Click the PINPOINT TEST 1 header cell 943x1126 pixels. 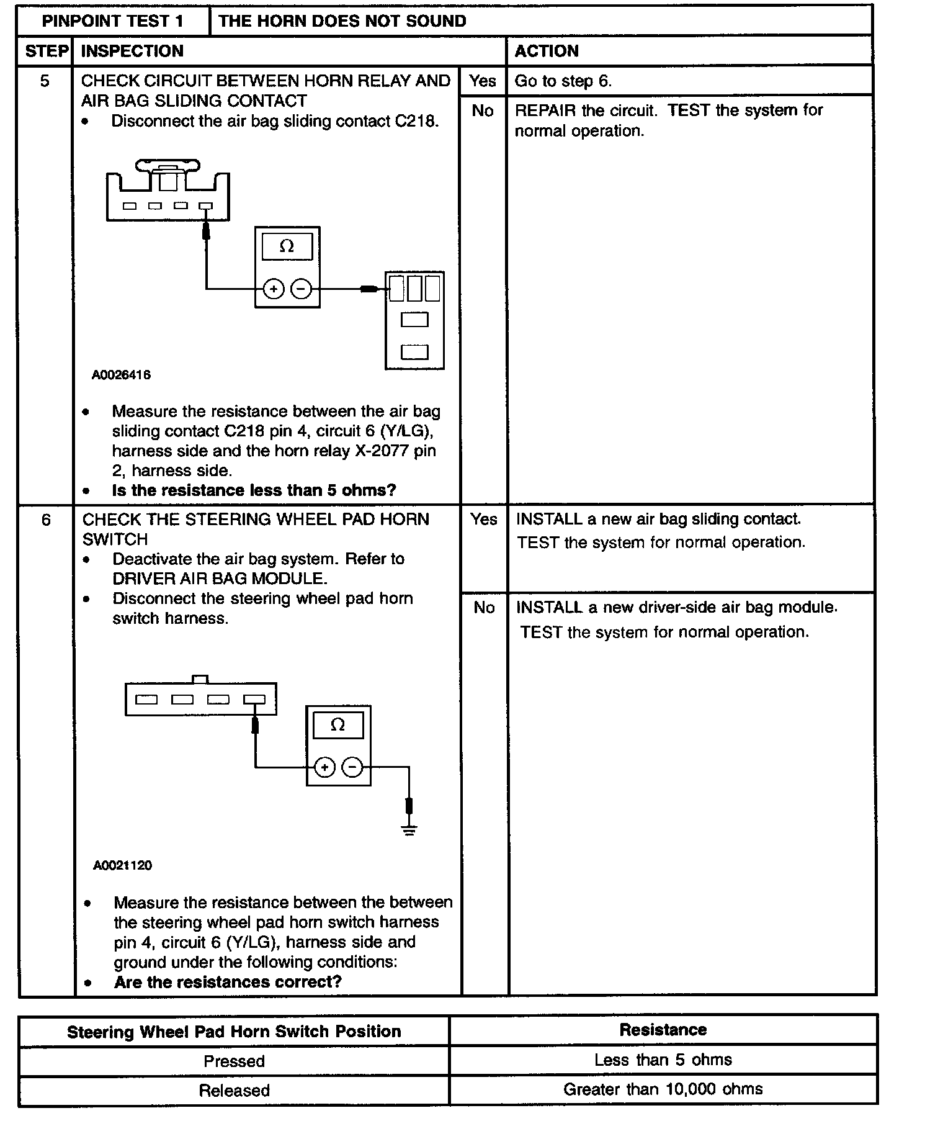113,21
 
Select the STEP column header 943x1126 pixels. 46,51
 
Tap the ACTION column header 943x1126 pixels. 547,51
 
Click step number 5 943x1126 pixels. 45,81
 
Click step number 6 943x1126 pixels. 46,520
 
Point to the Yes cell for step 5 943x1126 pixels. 483,81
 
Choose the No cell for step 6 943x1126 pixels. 484,608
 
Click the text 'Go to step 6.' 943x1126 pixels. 563,81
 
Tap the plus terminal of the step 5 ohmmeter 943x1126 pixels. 274,289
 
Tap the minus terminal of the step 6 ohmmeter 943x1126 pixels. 352,768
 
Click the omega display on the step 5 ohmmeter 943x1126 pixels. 287,246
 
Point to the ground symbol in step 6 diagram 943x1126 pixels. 409,830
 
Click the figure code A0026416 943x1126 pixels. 121,375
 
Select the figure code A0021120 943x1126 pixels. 122,865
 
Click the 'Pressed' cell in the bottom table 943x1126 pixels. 234,1061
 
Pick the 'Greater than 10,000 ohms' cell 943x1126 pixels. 663,1089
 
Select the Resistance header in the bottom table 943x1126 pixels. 663,1030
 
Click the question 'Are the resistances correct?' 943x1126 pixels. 228,982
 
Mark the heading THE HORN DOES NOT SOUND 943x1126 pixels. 342,21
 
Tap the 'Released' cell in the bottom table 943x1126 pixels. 234,1091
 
